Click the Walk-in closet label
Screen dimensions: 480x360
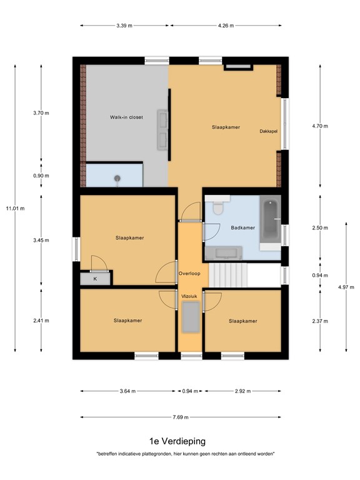127,117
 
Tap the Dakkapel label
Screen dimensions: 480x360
267,132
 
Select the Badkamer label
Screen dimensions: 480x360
242,228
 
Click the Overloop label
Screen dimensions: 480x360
188,274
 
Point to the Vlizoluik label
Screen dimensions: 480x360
189,296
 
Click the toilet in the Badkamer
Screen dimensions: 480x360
217,209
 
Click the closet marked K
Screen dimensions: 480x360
96,278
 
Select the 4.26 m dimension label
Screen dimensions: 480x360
226,26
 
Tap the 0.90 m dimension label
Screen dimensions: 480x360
41,176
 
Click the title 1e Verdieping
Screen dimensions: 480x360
177,441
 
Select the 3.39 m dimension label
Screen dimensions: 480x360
124,26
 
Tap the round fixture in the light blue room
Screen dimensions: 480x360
117,178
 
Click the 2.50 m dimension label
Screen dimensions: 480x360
319,228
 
